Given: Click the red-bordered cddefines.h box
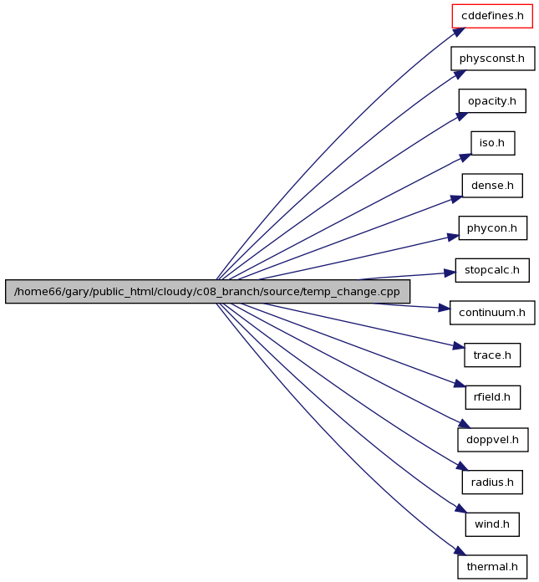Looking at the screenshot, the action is [492, 16].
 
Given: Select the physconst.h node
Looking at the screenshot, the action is [493, 59].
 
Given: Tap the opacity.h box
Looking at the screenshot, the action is [492, 101].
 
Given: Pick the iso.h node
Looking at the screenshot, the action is [493, 143].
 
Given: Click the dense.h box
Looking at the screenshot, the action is [492, 185].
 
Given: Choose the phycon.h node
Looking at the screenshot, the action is [493, 228].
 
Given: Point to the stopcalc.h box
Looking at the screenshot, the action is [492, 270].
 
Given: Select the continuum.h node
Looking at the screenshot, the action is [492, 313].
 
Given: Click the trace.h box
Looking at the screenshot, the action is [492, 355].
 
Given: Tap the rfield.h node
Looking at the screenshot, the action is [493, 397].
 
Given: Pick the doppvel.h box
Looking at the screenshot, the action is [493, 440].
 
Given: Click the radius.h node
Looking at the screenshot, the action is [492, 482].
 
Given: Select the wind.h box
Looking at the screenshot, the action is [492, 524].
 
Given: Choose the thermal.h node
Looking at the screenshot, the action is [492, 567].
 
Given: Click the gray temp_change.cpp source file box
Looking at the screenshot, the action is [207, 291].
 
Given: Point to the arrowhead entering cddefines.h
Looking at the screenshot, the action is [459, 33].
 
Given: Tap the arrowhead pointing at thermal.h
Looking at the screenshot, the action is [460, 551].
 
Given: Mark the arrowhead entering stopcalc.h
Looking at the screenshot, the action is [450, 273].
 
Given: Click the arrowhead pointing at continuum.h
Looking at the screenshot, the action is [445, 308].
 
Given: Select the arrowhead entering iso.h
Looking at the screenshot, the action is [465, 157].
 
